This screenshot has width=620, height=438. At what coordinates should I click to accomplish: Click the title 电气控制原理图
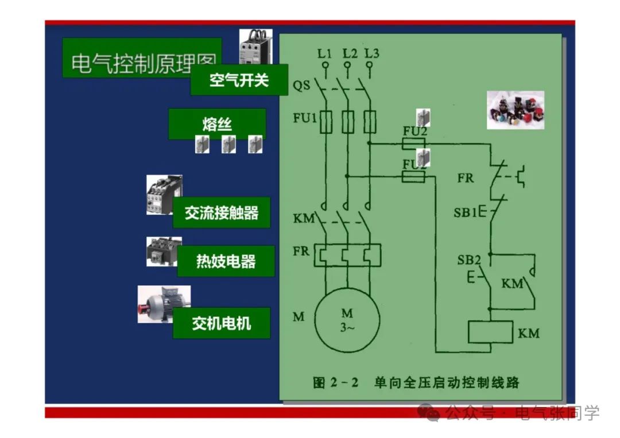[142, 63]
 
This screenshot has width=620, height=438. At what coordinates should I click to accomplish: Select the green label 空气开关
[239, 80]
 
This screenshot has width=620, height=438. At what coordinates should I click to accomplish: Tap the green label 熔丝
[216, 124]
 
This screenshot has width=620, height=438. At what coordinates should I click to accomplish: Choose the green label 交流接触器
[221, 213]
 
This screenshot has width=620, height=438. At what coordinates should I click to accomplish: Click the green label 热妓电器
[226, 262]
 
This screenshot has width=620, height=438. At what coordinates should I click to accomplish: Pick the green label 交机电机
[221, 323]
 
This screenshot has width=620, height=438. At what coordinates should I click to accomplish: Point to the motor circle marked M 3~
[347, 320]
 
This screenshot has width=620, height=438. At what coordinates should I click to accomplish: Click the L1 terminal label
[325, 54]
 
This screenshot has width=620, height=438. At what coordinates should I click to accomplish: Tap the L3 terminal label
[371, 54]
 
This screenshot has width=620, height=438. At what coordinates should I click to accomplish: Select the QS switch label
[301, 86]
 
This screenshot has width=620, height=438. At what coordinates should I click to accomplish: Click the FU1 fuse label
[305, 119]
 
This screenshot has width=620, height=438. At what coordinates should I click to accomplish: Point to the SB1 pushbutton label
[465, 213]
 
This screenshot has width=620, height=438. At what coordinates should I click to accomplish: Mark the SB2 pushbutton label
[468, 260]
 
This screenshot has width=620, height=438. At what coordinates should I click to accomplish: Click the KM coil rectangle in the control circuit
[490, 332]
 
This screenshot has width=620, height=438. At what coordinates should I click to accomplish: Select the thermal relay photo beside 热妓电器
[163, 251]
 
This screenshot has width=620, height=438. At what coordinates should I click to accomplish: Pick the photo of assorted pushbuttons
[515, 110]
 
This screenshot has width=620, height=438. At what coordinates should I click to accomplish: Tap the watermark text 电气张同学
[557, 413]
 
